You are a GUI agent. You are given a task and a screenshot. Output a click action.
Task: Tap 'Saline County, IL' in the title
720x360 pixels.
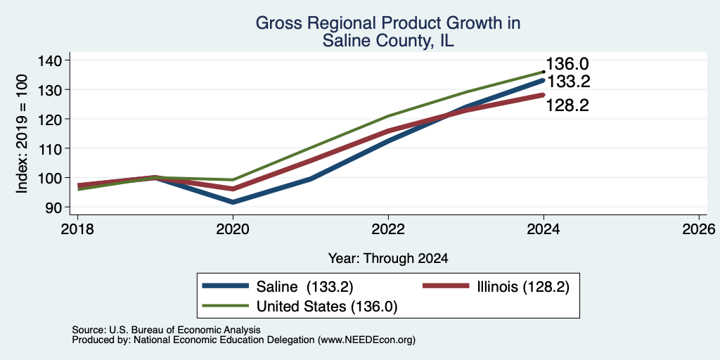pyautogui.click(x=388, y=41)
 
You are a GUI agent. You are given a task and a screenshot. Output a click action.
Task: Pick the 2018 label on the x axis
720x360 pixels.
pyautogui.click(x=77, y=229)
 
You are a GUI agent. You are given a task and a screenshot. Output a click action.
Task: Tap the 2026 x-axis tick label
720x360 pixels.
pyautogui.click(x=699, y=229)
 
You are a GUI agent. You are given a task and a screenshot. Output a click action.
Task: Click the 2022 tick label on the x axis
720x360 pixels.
pyautogui.click(x=388, y=229)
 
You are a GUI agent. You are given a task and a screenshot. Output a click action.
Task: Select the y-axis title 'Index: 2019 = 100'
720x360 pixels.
pyautogui.click(x=22, y=134)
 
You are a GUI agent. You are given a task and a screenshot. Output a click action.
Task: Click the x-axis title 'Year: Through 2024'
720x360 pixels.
pyautogui.click(x=388, y=259)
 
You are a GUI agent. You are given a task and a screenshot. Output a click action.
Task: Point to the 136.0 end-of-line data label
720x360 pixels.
pyautogui.click(x=567, y=65)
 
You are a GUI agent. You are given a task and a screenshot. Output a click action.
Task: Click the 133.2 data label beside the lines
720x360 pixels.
pyautogui.click(x=567, y=82)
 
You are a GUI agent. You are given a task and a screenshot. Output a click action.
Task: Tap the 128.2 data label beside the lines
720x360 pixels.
pyautogui.click(x=567, y=106)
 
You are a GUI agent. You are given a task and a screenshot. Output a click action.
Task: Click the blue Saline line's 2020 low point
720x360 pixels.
pyautogui.click(x=233, y=202)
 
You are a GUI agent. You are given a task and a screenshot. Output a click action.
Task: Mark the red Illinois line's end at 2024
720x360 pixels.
pyautogui.click(x=544, y=95)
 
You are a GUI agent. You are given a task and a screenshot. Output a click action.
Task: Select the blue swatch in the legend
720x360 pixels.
pyautogui.click(x=225, y=287)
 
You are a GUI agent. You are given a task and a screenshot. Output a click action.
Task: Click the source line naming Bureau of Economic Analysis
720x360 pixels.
pyautogui.click(x=166, y=330)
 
